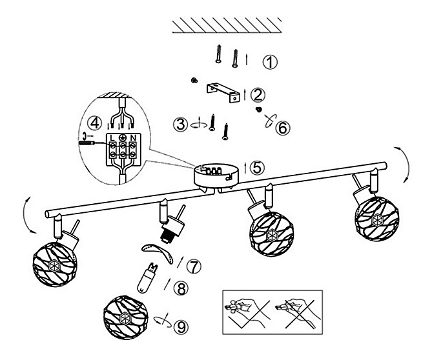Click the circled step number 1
click(271, 62)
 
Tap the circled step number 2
click(257, 94)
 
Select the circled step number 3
click(182, 122)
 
